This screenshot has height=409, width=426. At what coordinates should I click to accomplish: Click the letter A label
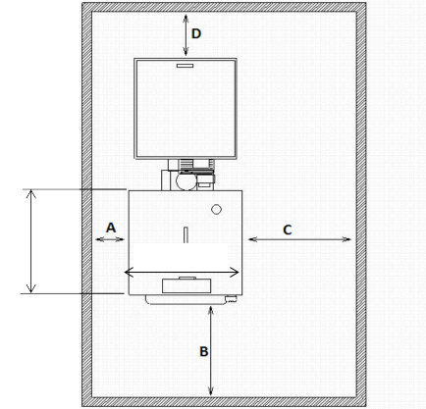[x=111, y=228]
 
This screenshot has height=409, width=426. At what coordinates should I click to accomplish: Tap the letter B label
[x=204, y=352]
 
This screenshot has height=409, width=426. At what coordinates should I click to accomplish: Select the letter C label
[x=288, y=230]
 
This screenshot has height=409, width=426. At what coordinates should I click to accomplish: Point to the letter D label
[x=196, y=33]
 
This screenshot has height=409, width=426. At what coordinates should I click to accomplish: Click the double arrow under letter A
[x=110, y=239]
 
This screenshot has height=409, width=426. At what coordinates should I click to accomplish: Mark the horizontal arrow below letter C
[x=299, y=239]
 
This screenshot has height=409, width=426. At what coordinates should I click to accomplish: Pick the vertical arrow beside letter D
[x=186, y=35]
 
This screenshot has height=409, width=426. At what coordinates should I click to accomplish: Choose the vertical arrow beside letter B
[x=211, y=351]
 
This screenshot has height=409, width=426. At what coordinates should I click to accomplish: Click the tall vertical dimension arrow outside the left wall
[x=31, y=241]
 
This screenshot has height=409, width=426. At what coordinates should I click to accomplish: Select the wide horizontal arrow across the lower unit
[x=182, y=272]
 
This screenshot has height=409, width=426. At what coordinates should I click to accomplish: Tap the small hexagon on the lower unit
[x=216, y=209]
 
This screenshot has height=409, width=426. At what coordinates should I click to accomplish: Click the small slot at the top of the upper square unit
[x=186, y=66]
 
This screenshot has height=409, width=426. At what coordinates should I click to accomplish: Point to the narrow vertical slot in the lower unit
[x=186, y=234]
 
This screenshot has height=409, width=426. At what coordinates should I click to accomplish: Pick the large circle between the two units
[x=186, y=180]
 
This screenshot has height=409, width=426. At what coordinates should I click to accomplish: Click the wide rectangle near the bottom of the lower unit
[x=186, y=286]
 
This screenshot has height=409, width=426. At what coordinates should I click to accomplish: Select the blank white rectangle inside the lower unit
[x=179, y=257]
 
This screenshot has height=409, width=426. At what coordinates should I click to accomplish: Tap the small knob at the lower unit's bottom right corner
[x=232, y=298]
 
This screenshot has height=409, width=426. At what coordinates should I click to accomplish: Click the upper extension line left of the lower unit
[x=75, y=189]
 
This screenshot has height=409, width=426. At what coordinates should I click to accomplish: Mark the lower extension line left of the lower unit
[x=72, y=293]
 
